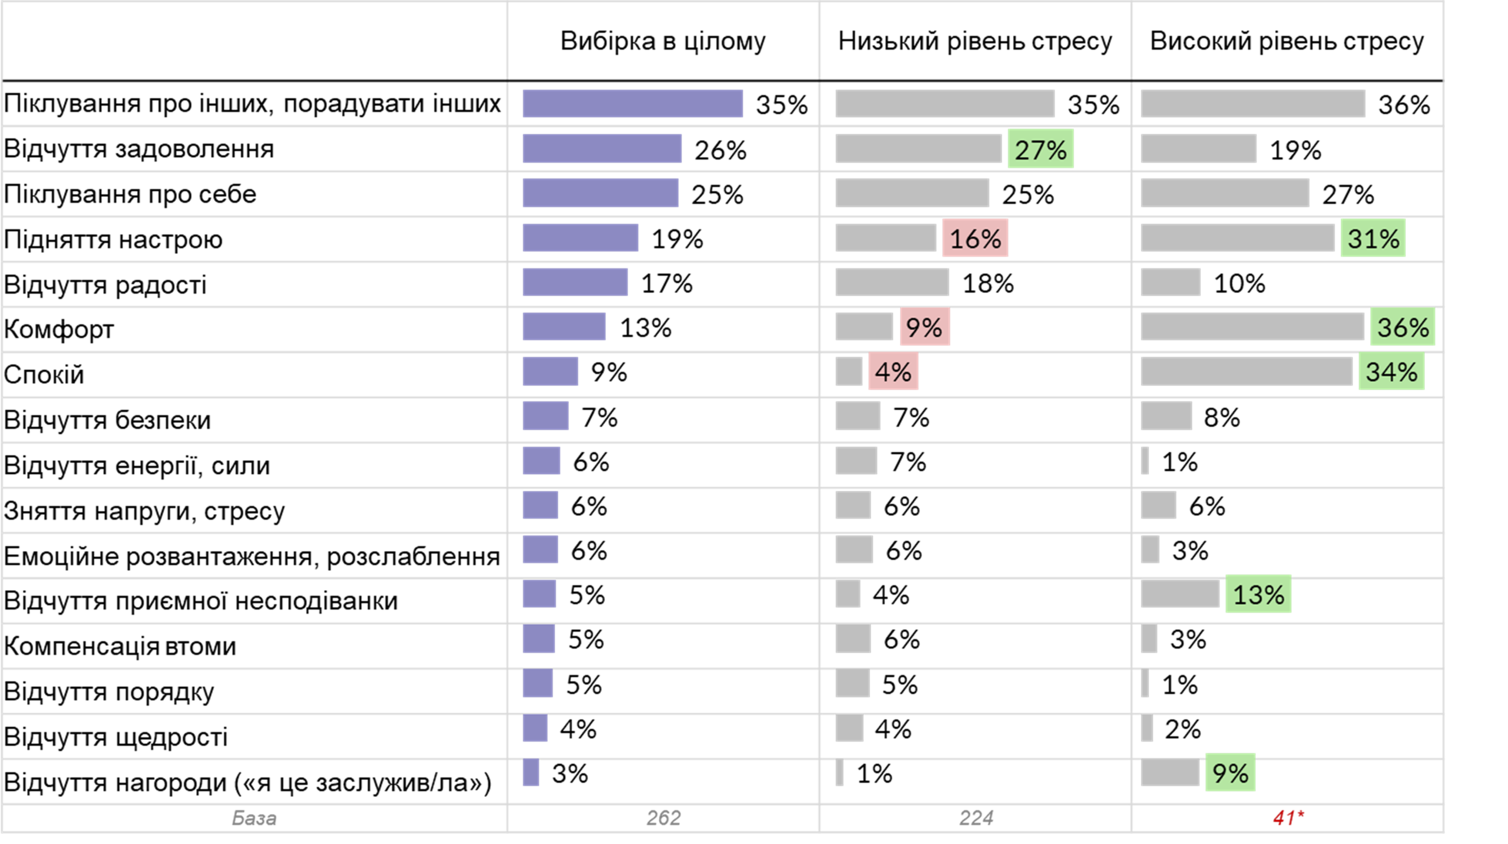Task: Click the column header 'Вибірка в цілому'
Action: point(663,41)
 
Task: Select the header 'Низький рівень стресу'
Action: point(975,41)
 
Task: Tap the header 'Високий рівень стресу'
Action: point(1287,41)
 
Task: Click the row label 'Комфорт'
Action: point(59,329)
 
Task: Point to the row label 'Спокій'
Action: point(44,375)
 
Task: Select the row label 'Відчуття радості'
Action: point(105,284)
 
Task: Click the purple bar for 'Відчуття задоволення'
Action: point(601,148)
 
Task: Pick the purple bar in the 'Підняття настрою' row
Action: point(580,238)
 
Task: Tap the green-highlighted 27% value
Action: point(1040,149)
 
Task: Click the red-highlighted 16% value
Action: point(975,239)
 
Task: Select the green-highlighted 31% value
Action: point(1373,239)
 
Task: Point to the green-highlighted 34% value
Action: point(1391,372)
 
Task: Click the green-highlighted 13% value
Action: point(1258,594)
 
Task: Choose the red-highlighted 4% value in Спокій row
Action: point(893,372)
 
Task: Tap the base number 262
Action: point(663,817)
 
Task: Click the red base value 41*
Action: point(1288,817)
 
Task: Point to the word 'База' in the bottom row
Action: point(254,818)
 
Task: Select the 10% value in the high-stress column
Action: point(1239,283)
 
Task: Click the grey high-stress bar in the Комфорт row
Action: point(1252,326)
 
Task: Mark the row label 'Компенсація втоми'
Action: point(120,646)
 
